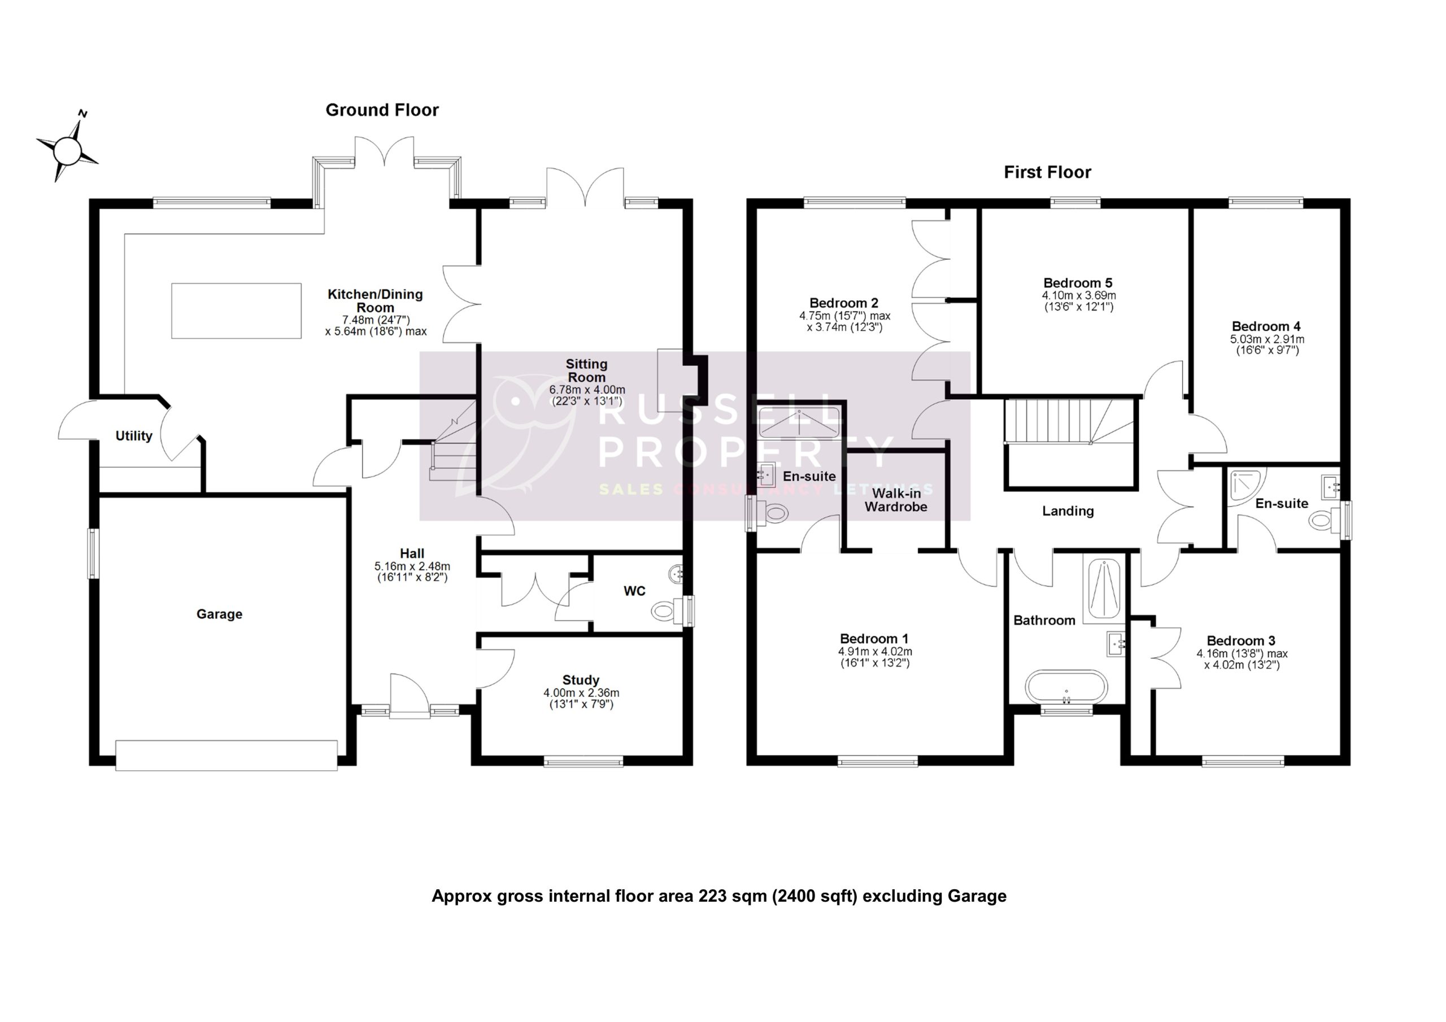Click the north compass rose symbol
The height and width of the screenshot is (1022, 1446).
pyautogui.click(x=67, y=150)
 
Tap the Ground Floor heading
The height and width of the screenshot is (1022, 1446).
pyautogui.click(x=382, y=110)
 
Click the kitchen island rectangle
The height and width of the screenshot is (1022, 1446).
pyautogui.click(x=236, y=311)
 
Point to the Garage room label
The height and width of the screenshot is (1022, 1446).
pyautogui.click(x=219, y=614)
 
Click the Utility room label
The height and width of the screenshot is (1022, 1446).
pyautogui.click(x=133, y=436)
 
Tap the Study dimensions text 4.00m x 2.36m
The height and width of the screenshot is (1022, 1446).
pyautogui.click(x=581, y=693)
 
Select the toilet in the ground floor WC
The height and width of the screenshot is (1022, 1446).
pyautogui.click(x=667, y=610)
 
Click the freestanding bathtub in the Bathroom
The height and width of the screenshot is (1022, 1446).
pyautogui.click(x=1066, y=687)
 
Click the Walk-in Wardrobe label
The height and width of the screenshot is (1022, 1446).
pyautogui.click(x=896, y=500)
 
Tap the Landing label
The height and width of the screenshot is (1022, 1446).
pyautogui.click(x=1068, y=510)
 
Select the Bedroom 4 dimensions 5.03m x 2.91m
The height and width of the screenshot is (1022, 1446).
pyautogui.click(x=1266, y=339)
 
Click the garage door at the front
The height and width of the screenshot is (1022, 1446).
pyautogui.click(x=227, y=755)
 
